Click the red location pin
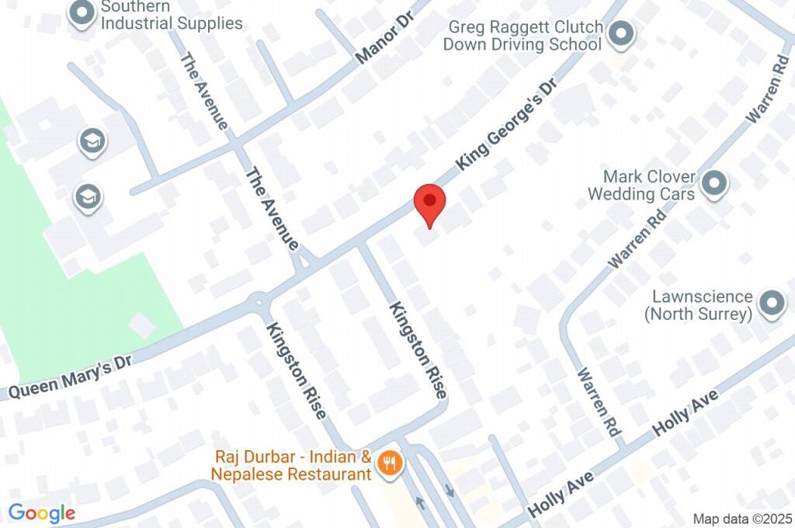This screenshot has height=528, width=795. (x=429, y=204)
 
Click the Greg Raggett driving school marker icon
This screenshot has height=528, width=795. (x=620, y=34)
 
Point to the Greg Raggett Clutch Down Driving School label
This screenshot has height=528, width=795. (x=523, y=36)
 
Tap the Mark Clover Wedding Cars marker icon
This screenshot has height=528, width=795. (x=713, y=184)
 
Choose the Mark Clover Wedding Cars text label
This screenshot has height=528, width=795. (x=641, y=185)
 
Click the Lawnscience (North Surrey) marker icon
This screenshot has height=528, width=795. (x=771, y=304)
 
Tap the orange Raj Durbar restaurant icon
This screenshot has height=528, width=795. (x=388, y=464)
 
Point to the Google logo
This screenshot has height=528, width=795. (x=41, y=512)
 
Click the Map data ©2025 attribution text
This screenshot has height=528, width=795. (x=742, y=518)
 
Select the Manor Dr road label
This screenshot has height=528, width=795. (x=387, y=37)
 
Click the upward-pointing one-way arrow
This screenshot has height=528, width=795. (x=420, y=502)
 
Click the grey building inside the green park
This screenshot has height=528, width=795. (x=142, y=325)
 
